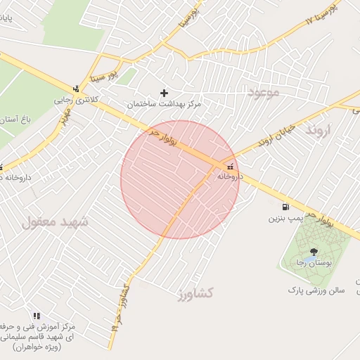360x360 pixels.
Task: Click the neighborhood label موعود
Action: click(x=263, y=91)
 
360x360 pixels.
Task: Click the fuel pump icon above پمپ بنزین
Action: click(x=285, y=207)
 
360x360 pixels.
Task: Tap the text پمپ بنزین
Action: click(x=283, y=219)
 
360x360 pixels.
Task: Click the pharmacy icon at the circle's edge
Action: click(x=231, y=167)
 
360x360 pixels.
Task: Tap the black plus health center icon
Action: click(x=165, y=92)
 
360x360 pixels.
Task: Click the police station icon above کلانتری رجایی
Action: click(x=75, y=89)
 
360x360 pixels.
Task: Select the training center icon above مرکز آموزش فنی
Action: click(x=37, y=316)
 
